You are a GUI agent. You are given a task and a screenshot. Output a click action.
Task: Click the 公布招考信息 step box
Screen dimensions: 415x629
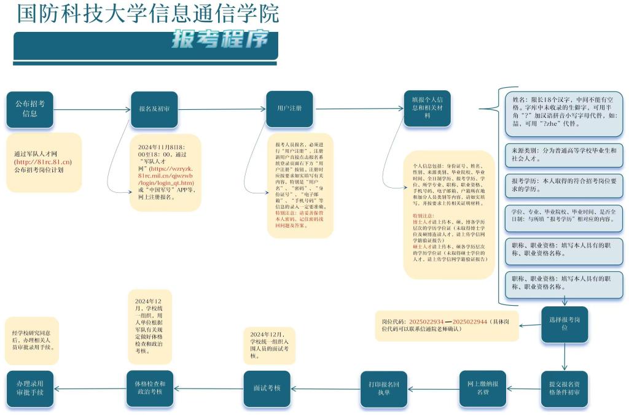[29, 109]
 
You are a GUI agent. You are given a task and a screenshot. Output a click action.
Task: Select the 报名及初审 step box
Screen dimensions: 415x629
[154, 109]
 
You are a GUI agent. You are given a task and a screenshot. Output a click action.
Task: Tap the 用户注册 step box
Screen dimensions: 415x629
[289, 109]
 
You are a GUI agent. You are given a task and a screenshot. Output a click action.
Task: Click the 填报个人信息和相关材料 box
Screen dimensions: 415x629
[427, 109]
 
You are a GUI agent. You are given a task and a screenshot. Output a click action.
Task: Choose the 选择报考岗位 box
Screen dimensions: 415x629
[565, 324]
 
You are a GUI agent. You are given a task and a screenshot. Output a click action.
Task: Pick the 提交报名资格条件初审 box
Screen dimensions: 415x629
[565, 389]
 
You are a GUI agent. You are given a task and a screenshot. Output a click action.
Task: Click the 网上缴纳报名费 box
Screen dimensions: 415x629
[482, 389]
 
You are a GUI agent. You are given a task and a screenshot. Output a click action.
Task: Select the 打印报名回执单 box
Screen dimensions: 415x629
[384, 389]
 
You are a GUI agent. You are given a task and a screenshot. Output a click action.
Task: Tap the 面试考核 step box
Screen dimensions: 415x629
[267, 389]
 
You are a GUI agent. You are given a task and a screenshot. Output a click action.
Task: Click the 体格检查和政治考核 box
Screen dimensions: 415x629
[150, 389]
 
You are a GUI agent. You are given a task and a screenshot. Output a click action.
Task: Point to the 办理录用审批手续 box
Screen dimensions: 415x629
[29, 389]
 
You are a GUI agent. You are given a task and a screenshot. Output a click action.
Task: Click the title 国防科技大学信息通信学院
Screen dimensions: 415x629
[147, 13]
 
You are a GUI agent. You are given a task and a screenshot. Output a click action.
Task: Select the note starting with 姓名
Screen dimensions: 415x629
[564, 111]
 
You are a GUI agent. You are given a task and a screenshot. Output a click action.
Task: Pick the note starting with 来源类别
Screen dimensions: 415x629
[564, 153]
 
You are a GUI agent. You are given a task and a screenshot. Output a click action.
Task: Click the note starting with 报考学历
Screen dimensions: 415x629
[564, 185]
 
